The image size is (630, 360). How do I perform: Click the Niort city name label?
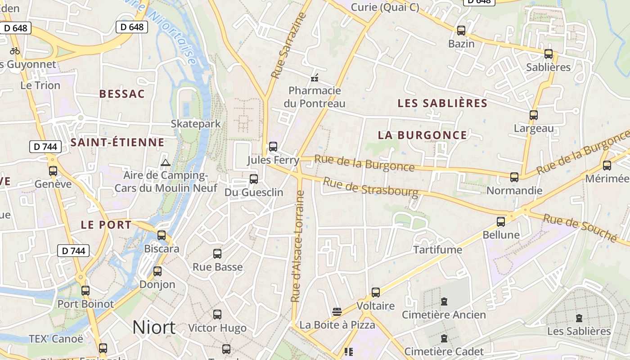tap(153, 327)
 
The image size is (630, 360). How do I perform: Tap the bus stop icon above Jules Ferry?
tap(273, 147)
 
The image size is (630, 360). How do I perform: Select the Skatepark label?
tap(196, 124)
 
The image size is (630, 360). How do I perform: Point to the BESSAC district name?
tap(122, 94)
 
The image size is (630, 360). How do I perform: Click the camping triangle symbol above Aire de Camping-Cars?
tap(165, 162)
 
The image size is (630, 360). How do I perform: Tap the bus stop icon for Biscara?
tap(162, 235)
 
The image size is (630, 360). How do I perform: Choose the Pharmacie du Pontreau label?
tap(315, 97)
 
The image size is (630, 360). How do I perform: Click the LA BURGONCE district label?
tap(423, 135)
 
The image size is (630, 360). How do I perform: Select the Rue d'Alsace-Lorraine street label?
tap(298, 247)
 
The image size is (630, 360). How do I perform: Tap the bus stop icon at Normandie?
tap(514, 177)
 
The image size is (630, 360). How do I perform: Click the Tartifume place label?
tap(437, 250)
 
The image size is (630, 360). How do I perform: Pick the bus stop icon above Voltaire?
tap(376, 292)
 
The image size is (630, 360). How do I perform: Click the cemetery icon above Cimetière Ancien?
tap(444, 301)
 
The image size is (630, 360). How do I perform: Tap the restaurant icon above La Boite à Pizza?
tap(337, 311)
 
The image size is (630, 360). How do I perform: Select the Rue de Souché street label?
tap(580, 228)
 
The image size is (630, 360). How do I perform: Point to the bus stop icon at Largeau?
tap(534, 115)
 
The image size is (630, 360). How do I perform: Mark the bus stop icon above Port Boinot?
tap(85, 291)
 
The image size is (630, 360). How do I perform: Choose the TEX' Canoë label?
tap(56, 338)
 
